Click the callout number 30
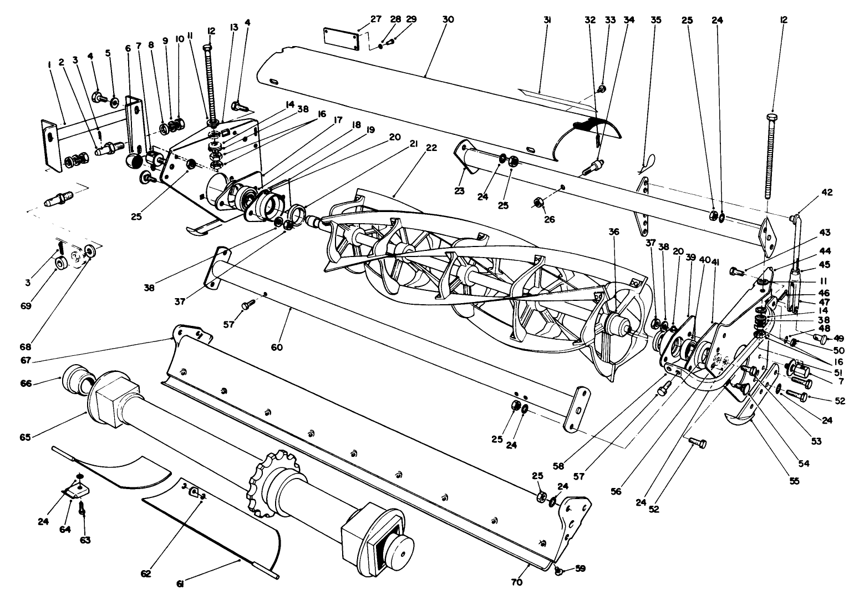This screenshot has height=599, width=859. pos(448,19)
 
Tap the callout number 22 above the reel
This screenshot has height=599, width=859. pos(431,148)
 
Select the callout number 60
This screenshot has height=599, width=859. pos(277,348)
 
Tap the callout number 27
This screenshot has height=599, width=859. pos(376,19)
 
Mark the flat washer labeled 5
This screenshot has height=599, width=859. pos(114,103)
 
